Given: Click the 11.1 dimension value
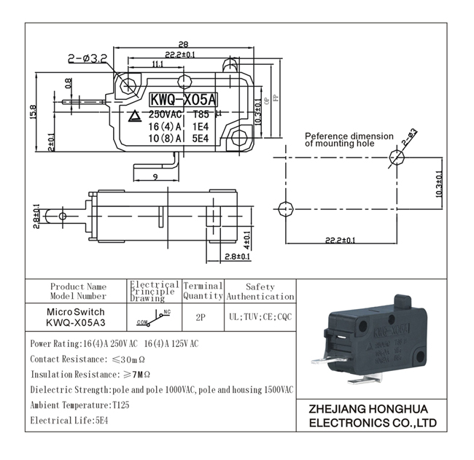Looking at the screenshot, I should coord(158,65).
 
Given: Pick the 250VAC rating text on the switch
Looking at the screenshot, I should coord(166,114).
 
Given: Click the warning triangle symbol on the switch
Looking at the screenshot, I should coord(135,115).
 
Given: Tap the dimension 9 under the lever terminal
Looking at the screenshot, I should coord(156,176).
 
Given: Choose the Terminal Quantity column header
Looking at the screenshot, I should coord(203,292).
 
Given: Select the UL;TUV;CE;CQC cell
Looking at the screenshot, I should coord(260,318).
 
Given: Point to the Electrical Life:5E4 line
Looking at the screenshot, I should coord(66,421).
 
